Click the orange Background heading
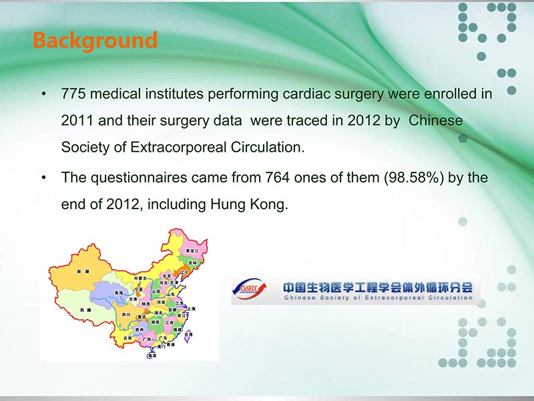tap(95, 40)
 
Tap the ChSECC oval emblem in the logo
tap(248, 289)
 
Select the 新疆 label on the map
tap(82, 272)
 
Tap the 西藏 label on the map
tap(85, 311)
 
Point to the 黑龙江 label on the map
tap(192, 250)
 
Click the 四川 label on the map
tap(126, 314)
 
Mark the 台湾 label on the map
tap(188, 334)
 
